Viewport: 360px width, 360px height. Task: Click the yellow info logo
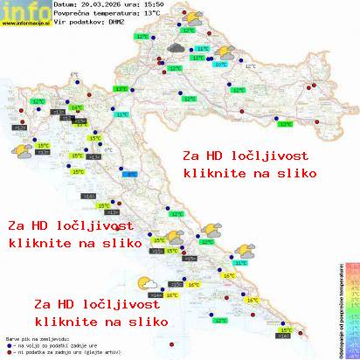(x=22, y=11)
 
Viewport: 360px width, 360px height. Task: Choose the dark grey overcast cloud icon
(x=177, y=50)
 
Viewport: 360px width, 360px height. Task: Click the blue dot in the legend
(x=7, y=347)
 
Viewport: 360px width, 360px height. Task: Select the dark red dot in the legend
(x=7, y=354)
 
